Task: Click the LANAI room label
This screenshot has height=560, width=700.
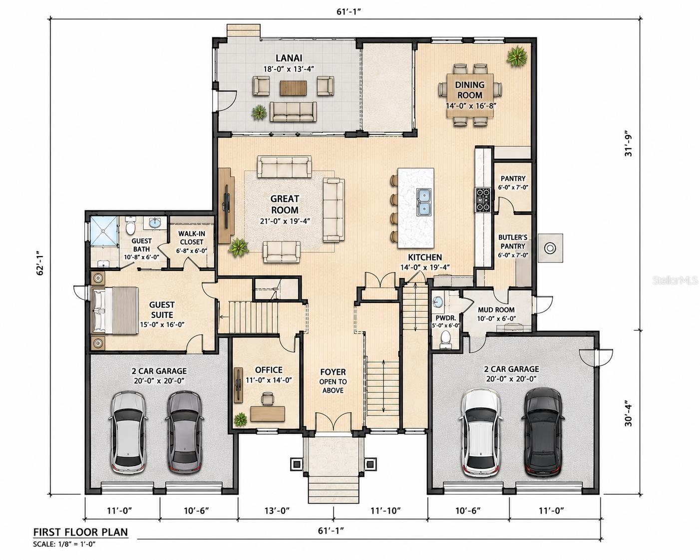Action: pyautogui.click(x=289, y=58)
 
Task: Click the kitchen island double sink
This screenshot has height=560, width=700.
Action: pyautogui.click(x=423, y=202)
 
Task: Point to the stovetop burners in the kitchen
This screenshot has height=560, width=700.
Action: pyautogui.click(x=483, y=200)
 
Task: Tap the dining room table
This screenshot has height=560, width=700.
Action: pyautogui.click(x=470, y=95)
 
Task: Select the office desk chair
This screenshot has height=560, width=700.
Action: pyautogui.click(x=268, y=398)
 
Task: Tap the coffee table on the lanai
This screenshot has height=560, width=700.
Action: pyautogui.click(x=293, y=88)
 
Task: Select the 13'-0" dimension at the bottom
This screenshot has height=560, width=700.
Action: pyautogui.click(x=277, y=511)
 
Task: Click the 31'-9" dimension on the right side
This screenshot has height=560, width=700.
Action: pyautogui.click(x=629, y=145)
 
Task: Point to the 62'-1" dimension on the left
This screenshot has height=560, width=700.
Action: pyautogui.click(x=40, y=263)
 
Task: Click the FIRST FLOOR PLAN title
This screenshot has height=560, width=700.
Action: pyautogui.click(x=81, y=532)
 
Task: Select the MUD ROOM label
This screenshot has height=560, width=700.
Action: pyautogui.click(x=496, y=309)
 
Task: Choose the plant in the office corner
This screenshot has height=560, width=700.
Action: pyautogui.click(x=240, y=420)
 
